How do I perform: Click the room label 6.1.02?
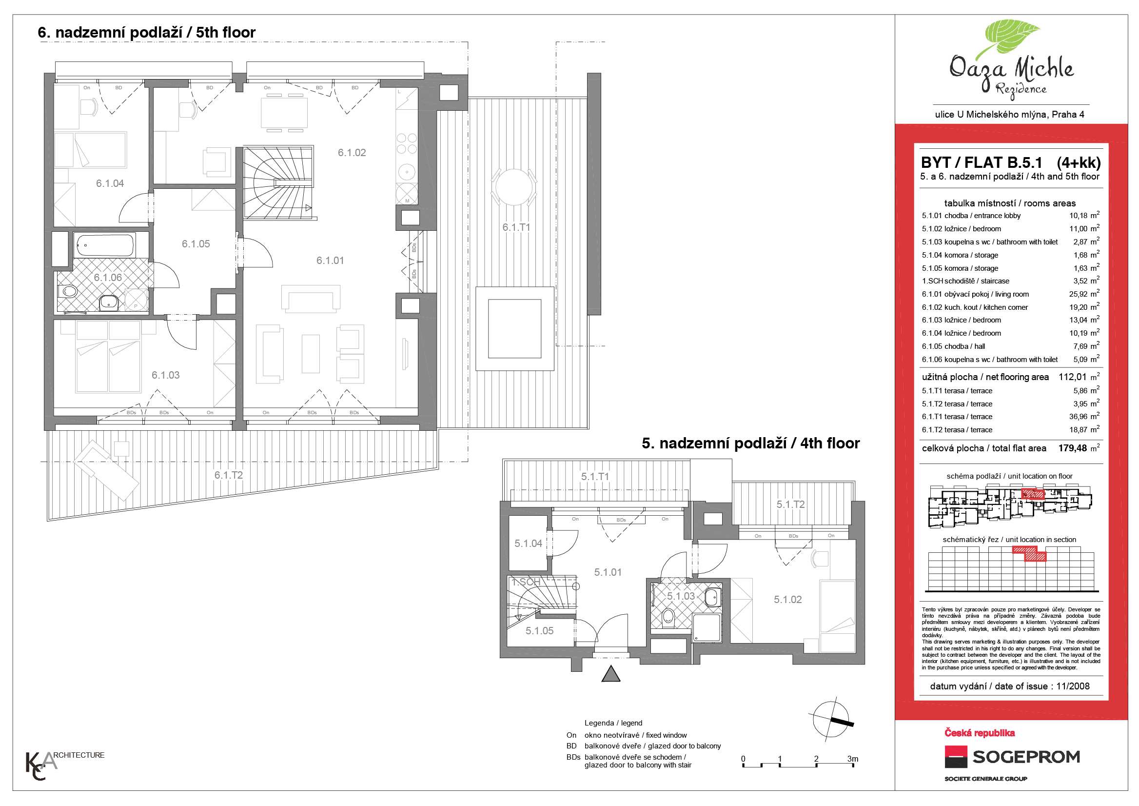[x=352, y=153]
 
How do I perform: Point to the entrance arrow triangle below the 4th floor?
[x=610, y=674]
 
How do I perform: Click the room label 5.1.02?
[x=788, y=600]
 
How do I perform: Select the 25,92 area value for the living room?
[x=1078, y=294]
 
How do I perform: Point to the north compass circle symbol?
[x=830, y=719]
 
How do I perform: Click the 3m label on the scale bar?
[x=852, y=759]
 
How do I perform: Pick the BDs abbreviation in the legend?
[x=573, y=757]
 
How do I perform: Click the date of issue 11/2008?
[x=1073, y=686]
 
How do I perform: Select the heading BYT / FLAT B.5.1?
[x=981, y=163]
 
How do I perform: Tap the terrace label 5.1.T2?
[x=791, y=505]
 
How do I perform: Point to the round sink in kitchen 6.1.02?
[x=407, y=172]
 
